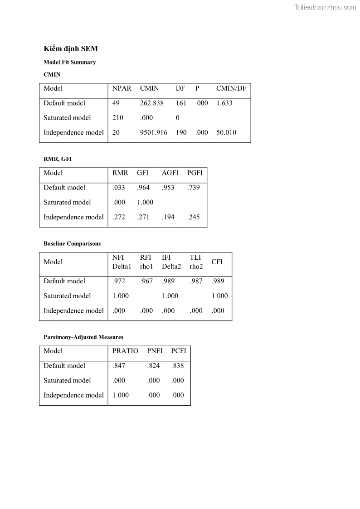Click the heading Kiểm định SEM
coord(71,48)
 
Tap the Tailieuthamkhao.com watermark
coord(325,7)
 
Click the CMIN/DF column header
coord(231,88)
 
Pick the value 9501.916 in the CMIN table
coord(154,132)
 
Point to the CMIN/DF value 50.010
coord(226,132)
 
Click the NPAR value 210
coord(118,118)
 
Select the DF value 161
coord(181,103)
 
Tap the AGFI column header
coord(170,173)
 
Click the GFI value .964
coord(143,187)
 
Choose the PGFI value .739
coord(194,187)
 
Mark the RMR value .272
coord(119,217)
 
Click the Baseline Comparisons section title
coord(72,243)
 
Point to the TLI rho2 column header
coord(196,262)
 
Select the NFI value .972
coord(119,281)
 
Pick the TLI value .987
coord(196,281)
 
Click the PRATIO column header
coord(126,351)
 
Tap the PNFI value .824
coord(154,366)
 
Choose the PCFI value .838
coord(178,366)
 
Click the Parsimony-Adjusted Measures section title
coord(83,337)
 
